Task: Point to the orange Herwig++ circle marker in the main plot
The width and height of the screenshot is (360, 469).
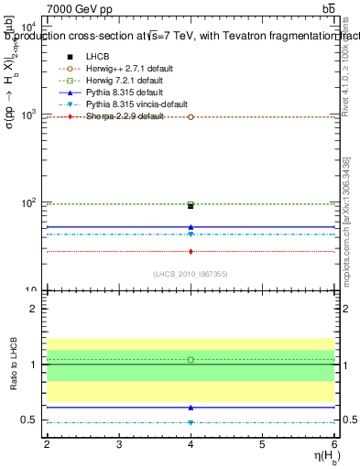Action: click(191, 117)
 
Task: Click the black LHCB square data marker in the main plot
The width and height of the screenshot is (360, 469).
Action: click(191, 206)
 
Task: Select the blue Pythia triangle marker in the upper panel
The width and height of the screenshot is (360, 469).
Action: click(191, 226)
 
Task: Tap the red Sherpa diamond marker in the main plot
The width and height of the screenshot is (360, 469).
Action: click(191, 251)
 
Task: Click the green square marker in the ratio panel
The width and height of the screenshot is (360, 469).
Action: click(191, 360)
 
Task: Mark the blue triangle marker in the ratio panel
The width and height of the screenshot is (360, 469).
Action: click(191, 407)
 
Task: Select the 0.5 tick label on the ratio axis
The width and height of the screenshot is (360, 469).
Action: click(28, 420)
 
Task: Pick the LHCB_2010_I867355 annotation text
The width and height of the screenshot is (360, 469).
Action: click(191, 274)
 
